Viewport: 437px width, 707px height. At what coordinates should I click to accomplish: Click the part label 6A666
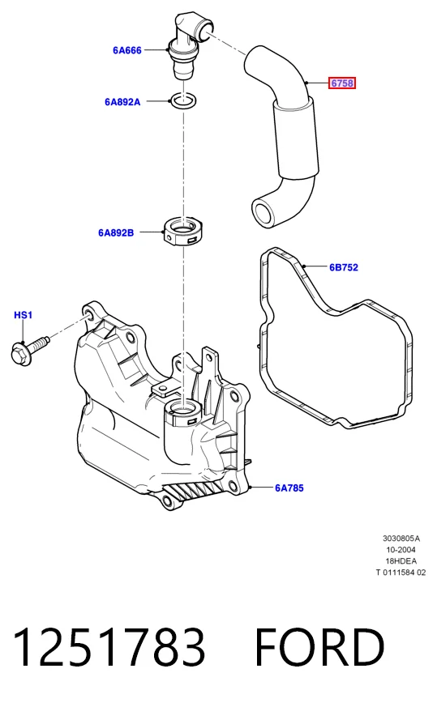point(126,50)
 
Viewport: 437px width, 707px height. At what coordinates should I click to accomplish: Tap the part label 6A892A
point(122,102)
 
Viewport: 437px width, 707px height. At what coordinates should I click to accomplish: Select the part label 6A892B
point(116,232)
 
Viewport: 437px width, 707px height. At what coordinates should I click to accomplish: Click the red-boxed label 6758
point(342,83)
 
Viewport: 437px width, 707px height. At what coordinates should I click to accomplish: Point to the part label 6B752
point(344,267)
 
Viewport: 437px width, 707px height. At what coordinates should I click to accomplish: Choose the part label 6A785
point(289,488)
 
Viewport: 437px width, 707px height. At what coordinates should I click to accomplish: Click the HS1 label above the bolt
point(23,315)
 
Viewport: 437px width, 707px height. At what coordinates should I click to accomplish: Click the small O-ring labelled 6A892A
point(183,101)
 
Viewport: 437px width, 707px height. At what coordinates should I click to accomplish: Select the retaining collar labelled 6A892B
point(182,231)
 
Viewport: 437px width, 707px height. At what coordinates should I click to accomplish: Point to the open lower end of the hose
point(263,212)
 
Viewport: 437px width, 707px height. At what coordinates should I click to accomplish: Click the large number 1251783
point(109,648)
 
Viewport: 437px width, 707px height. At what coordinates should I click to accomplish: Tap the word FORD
point(319,648)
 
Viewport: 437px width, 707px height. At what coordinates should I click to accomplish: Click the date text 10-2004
point(401,550)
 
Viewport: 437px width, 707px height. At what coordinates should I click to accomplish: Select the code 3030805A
point(401,539)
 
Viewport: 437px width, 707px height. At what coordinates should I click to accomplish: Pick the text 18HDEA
point(401,561)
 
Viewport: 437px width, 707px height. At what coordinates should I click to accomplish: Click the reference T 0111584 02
point(401,573)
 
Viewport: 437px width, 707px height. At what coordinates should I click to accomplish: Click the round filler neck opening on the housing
point(183,410)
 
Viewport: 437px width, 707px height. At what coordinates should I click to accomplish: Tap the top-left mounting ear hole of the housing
point(88,314)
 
